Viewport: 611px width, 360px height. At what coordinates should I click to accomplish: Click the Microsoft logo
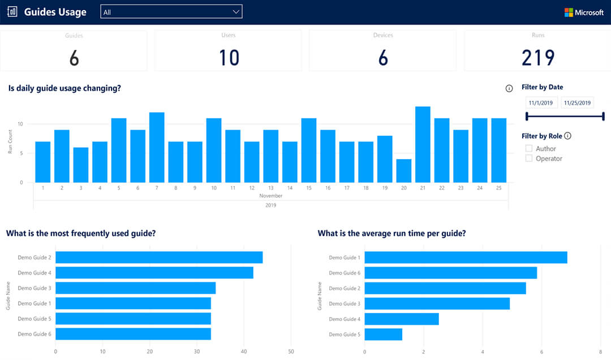pos(584,12)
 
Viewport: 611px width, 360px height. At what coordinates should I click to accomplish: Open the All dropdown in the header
pos(171,12)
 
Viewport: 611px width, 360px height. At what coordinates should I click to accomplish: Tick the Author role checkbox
pos(529,148)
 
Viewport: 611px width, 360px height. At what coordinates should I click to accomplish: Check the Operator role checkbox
pos(529,158)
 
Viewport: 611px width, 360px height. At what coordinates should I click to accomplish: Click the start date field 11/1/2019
pos(541,103)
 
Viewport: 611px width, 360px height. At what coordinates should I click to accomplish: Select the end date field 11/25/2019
pos(577,103)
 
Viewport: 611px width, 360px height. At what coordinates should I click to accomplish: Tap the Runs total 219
pos(538,58)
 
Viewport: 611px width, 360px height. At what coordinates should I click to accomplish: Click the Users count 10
pos(229,58)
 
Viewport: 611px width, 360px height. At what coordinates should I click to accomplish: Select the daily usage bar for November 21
pos(423,144)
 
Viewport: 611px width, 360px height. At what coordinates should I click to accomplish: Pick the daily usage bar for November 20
pos(403,170)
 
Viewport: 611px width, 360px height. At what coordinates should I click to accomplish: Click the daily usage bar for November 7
pos(157,147)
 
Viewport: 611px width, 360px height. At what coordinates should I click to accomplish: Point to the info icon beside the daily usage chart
pos(509,88)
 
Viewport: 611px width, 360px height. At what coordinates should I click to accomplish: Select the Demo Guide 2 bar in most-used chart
pos(159,258)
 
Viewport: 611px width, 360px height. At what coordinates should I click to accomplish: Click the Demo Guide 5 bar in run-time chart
pos(383,334)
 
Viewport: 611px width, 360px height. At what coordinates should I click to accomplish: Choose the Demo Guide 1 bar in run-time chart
pos(466,258)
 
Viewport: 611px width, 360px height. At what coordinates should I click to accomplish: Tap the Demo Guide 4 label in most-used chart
pos(35,273)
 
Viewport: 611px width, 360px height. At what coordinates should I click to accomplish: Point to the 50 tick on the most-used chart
pos(291,351)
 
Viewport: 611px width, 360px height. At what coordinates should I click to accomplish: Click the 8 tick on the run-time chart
pos(600,351)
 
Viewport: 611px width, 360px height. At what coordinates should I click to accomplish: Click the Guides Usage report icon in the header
pos(12,12)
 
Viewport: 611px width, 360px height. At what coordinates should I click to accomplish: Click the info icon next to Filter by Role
pos(567,136)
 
